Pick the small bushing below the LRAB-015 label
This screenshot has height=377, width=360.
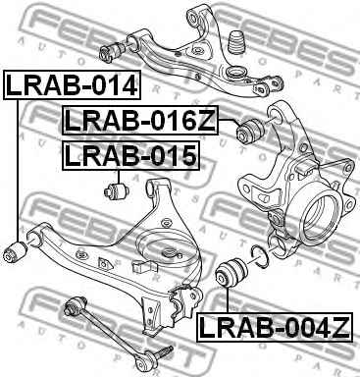point(116,187)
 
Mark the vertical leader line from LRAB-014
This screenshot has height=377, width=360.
point(17,167)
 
